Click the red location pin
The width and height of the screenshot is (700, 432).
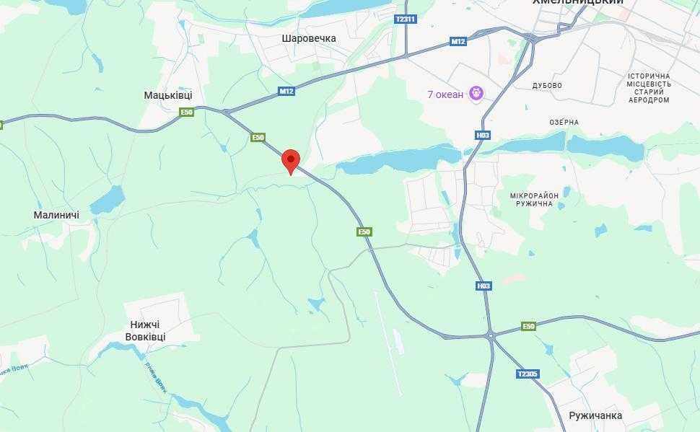click(290, 160)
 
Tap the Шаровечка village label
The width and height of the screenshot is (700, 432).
click(309, 38)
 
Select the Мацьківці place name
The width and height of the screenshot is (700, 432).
click(168, 94)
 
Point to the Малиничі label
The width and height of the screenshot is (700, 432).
click(56, 215)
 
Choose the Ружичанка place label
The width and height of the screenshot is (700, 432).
click(595, 416)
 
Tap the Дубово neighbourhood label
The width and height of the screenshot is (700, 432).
click(547, 85)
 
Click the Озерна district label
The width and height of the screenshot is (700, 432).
click(564, 122)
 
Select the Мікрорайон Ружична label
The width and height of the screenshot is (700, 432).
click(534, 199)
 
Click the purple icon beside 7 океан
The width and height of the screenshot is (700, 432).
click(476, 93)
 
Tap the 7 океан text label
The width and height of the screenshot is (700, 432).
click(445, 94)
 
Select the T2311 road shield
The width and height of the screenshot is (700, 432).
click(406, 19)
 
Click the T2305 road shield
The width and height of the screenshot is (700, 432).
click(528, 374)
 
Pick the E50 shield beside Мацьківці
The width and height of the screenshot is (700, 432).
click(187, 112)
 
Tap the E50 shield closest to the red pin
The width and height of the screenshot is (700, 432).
click(258, 137)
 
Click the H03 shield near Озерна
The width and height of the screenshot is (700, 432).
click(483, 135)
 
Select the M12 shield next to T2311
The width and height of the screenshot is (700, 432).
click(458, 41)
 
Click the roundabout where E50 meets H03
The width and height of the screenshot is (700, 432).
click(491, 335)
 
